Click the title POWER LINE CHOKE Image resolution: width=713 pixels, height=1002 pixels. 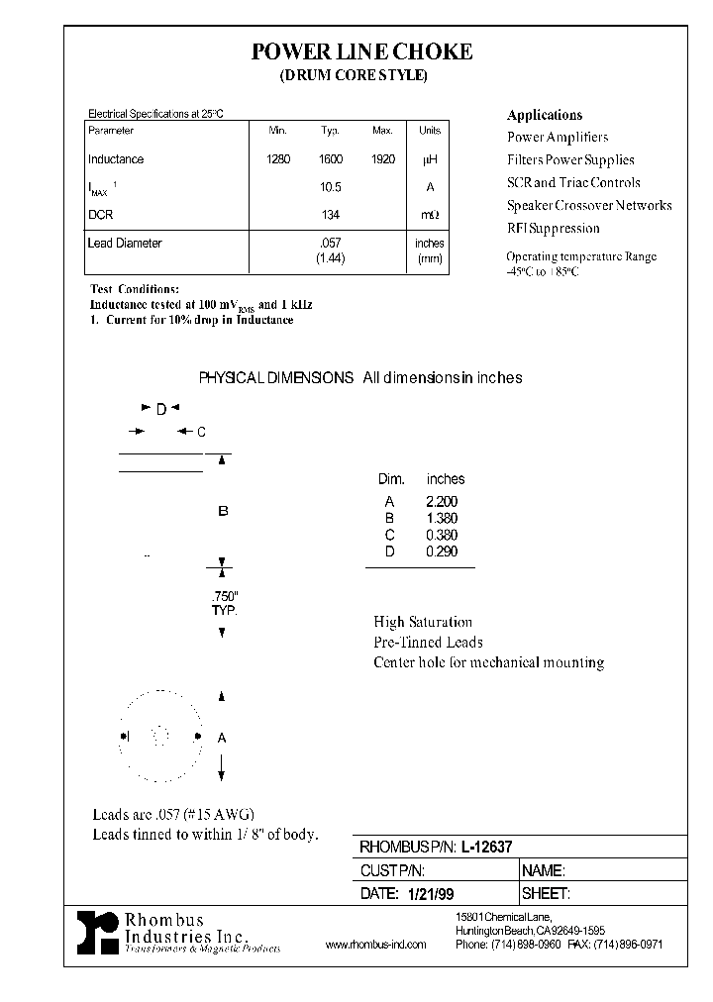361,51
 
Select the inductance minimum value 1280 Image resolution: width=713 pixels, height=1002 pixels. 278,159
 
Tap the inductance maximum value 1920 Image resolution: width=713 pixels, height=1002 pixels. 383,159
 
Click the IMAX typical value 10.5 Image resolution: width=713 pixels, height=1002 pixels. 331,187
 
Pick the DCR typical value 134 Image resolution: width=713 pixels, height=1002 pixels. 331,215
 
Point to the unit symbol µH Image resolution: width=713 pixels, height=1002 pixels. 430,159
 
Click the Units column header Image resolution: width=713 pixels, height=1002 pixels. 430,131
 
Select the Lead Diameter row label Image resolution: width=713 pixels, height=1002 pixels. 125,243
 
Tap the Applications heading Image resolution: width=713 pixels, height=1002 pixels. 545,115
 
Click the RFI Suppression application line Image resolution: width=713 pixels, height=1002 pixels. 554,228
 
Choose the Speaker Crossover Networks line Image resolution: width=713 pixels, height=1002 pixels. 589,205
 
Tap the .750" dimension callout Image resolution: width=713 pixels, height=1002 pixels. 226,597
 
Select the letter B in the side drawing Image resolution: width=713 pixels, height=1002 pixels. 223,511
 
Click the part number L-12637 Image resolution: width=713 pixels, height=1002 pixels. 493,848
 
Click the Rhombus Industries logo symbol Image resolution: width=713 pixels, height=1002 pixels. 98,932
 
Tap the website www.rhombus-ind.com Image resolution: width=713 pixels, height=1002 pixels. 375,945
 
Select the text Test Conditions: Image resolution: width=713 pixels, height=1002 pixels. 135,288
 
